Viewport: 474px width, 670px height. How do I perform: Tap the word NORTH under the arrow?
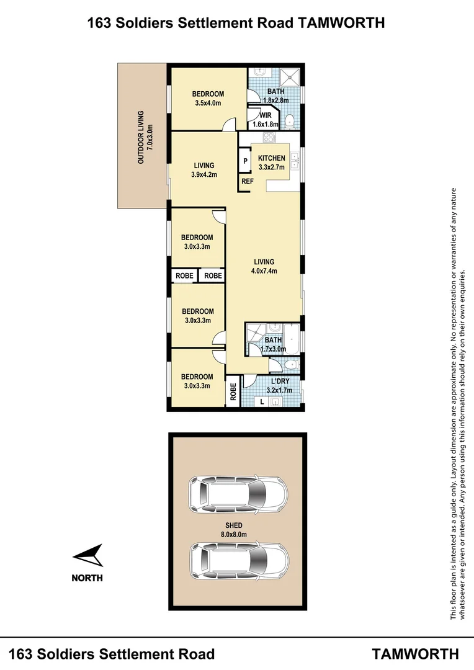(87, 578)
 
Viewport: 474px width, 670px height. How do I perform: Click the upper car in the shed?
(239, 494)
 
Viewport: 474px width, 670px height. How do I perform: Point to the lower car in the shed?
(239, 561)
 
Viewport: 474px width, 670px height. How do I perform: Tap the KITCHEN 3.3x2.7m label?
(272, 163)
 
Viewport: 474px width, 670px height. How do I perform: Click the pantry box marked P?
(245, 161)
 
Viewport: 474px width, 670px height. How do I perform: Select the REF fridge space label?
(247, 182)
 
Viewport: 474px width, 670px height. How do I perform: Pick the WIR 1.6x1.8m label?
(266, 120)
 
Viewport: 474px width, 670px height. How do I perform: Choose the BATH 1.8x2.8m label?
(276, 96)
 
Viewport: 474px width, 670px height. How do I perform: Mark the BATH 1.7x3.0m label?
(273, 344)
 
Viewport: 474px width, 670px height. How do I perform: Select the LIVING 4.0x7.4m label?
(264, 266)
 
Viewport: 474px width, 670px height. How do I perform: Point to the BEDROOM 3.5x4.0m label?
(207, 99)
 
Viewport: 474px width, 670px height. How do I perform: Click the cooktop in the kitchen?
(270, 138)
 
